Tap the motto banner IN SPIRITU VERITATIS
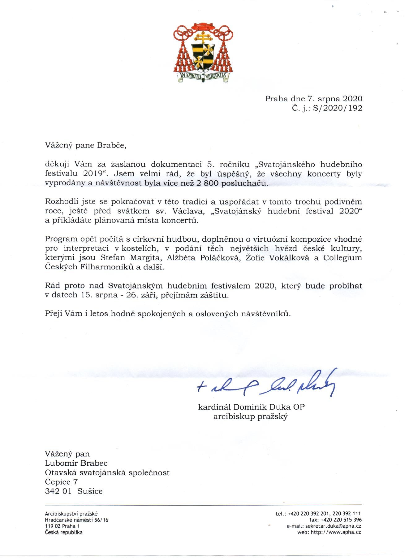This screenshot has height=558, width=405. tap(203, 76)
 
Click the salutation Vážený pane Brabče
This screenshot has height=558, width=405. tap(86, 145)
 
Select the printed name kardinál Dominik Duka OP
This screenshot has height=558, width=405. tap(251, 407)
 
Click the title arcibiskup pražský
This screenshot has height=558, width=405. tap(250, 416)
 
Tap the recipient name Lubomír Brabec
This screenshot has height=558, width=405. tap(76, 463)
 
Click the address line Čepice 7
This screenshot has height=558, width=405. tap(61, 482)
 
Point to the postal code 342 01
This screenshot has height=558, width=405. tap(58, 491)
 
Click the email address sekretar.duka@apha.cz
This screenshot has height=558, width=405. tap(333, 526)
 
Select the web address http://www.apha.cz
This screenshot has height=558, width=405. tap(336, 532)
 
